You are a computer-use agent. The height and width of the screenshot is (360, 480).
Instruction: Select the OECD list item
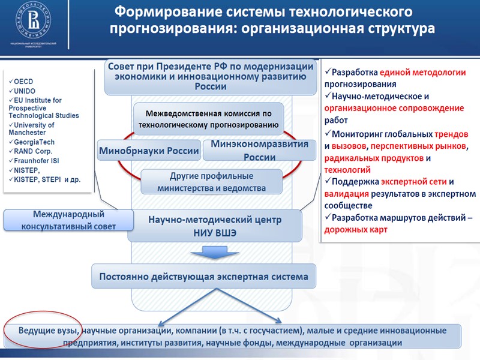[x=23, y=82]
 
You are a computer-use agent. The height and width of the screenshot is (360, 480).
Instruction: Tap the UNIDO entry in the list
[x=25, y=91]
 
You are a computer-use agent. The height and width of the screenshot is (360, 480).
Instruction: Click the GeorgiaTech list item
[x=34, y=142]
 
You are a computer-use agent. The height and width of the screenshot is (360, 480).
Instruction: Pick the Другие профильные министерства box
[x=211, y=182]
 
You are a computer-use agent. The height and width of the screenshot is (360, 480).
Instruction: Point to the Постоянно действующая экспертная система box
[x=203, y=277]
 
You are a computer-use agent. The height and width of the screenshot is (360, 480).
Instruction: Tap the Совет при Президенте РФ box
[x=211, y=76]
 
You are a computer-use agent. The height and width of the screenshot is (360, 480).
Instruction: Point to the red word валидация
[x=346, y=194]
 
